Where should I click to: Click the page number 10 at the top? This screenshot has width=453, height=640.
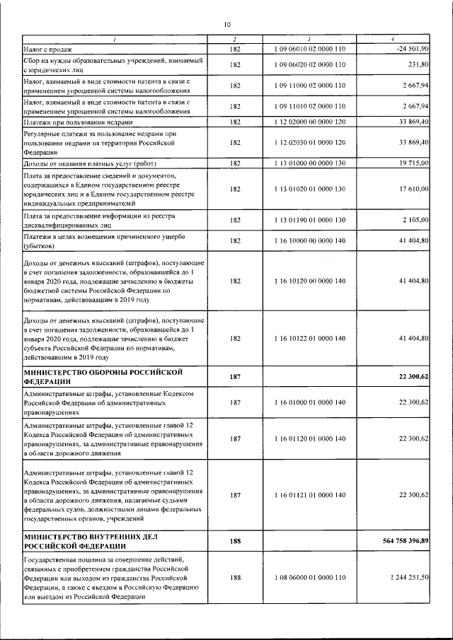226,24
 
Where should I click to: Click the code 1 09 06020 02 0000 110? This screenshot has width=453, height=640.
309,65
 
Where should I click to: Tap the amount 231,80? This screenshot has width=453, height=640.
418,65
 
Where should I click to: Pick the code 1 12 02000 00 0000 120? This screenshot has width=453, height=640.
309,122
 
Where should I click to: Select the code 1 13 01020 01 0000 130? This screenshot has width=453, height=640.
309,189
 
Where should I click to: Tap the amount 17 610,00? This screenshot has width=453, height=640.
411,189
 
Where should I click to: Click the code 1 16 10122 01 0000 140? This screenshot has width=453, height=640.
309,338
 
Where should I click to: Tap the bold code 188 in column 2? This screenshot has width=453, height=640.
235,541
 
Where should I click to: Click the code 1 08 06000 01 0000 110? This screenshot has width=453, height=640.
309,578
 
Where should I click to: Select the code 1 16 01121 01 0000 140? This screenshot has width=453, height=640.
309,495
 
